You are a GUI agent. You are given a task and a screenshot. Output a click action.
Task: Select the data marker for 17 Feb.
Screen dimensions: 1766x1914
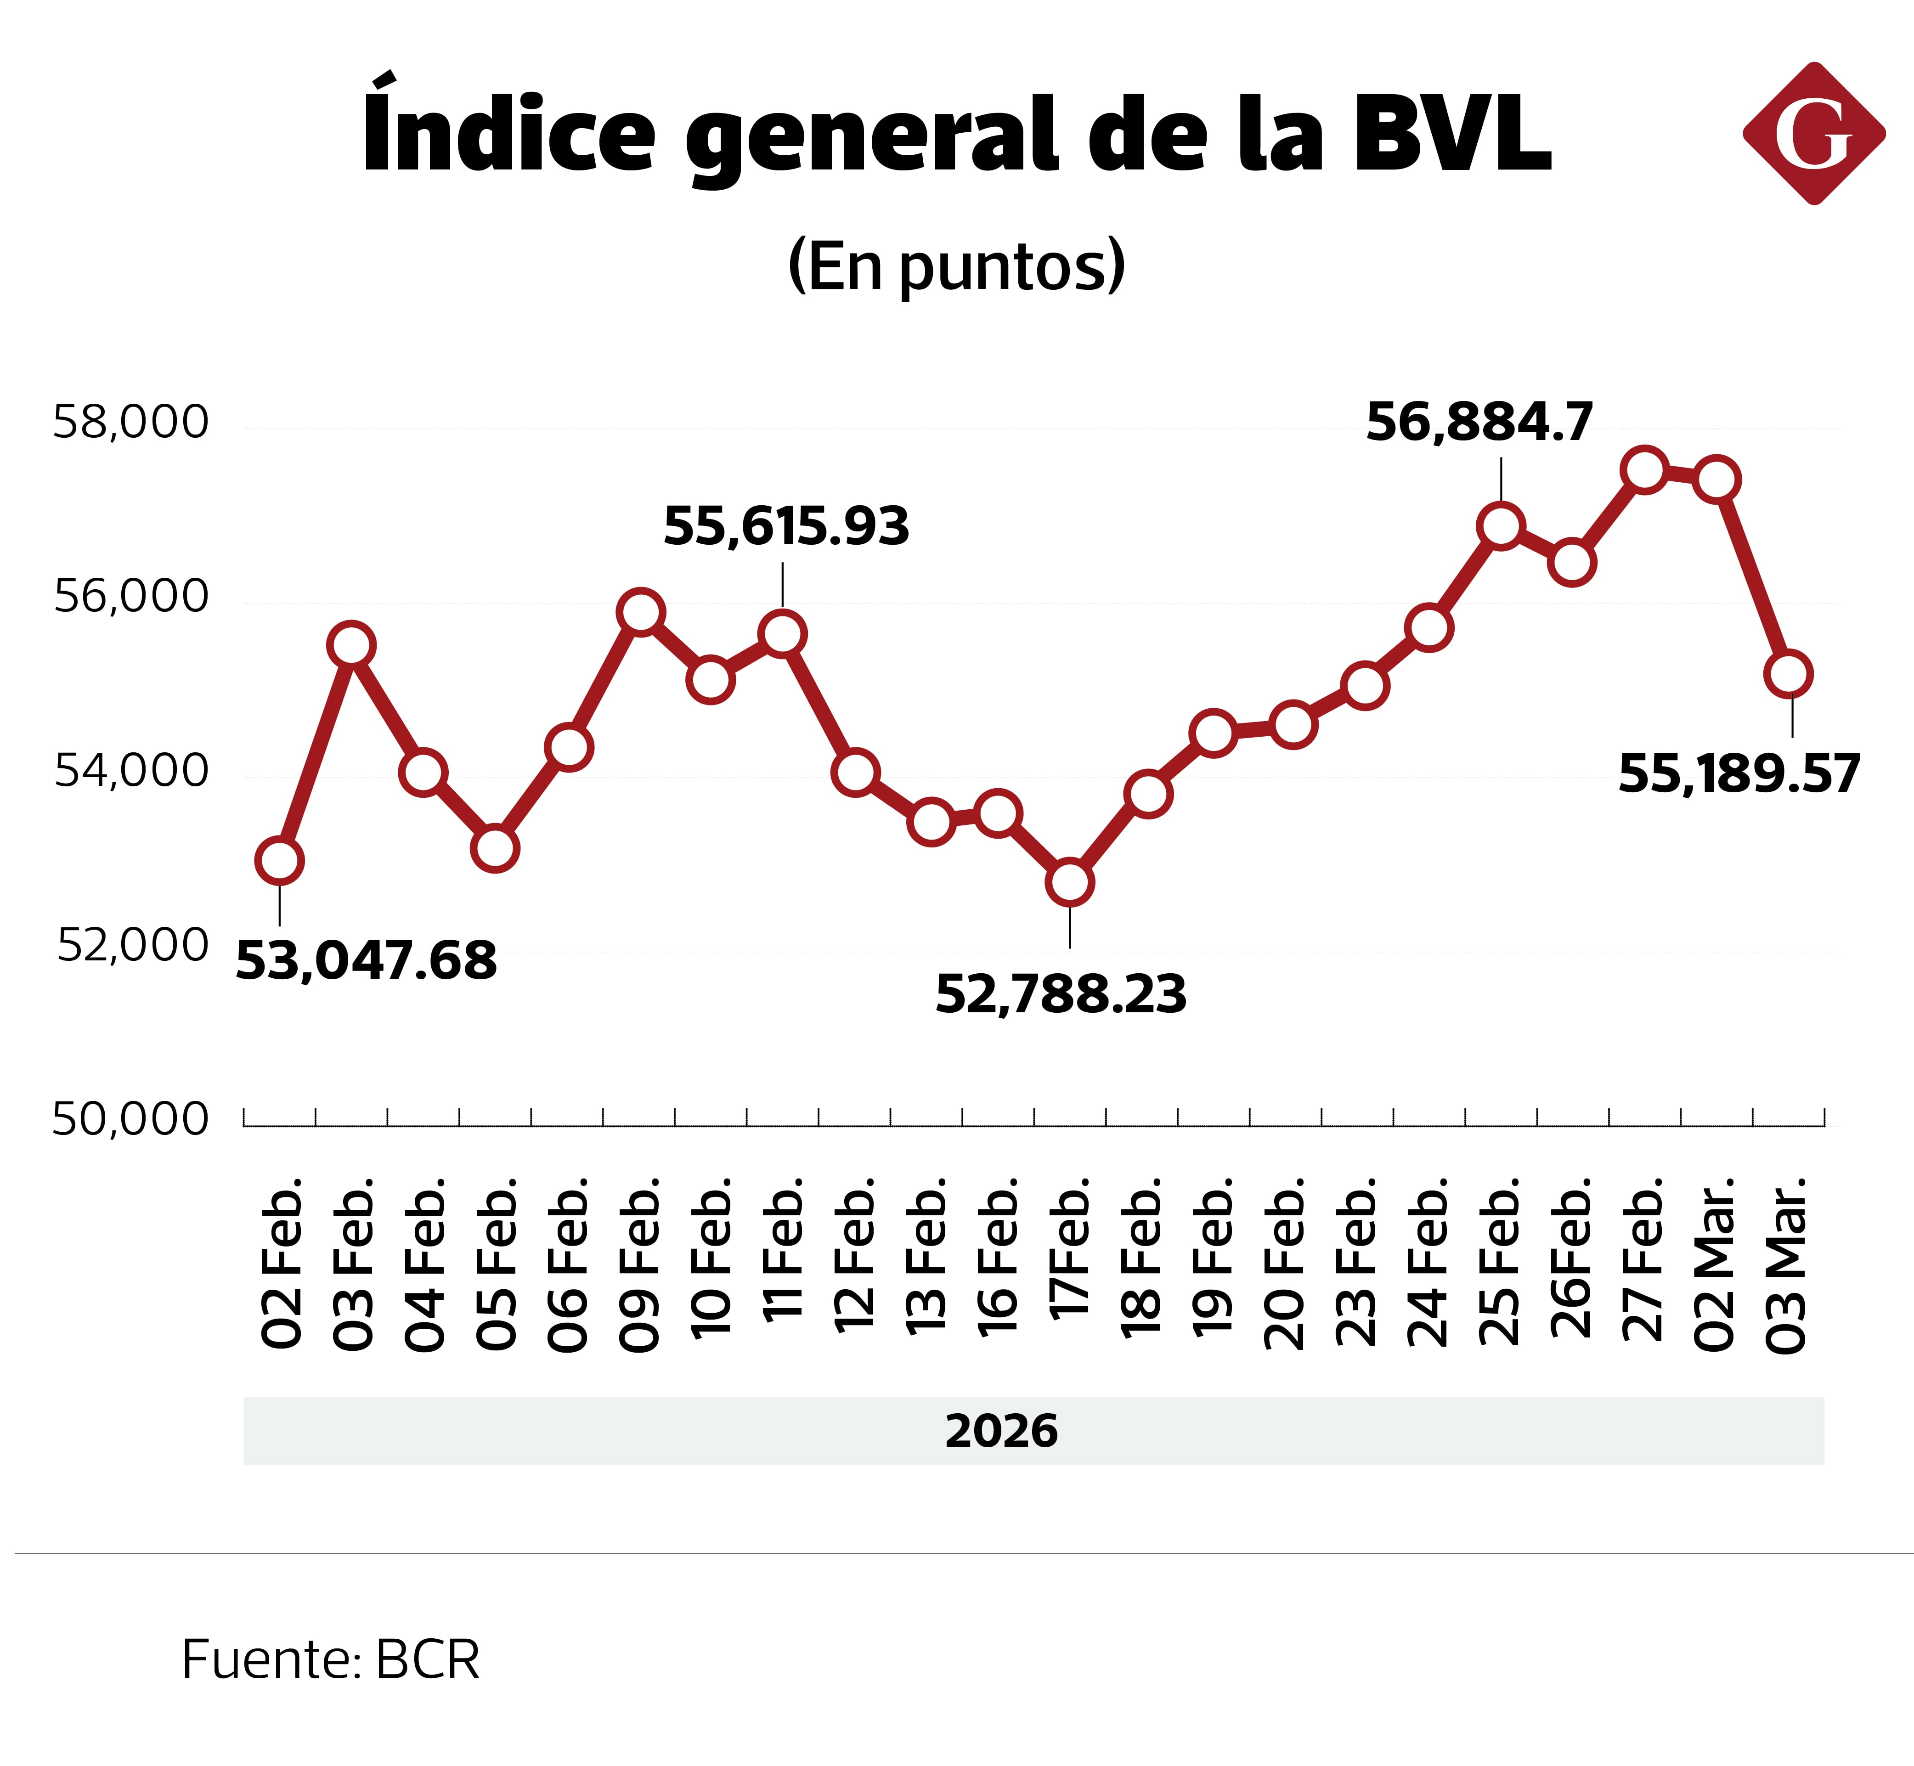(x=1069, y=882)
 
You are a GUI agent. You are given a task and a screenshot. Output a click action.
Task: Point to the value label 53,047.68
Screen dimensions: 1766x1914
(x=366, y=960)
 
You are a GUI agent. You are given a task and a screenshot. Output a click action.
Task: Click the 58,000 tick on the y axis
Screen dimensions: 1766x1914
(x=130, y=422)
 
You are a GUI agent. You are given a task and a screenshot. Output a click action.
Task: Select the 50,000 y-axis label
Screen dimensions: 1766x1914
(x=130, y=1119)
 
